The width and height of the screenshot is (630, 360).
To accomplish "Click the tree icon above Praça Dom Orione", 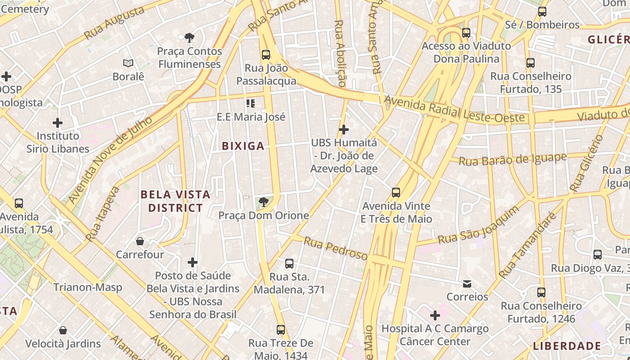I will point(264,202).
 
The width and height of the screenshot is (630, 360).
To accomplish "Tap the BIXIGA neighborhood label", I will point(243,146).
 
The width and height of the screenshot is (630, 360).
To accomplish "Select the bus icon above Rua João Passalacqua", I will point(266,55).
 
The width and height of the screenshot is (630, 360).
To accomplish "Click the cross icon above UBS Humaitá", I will point(344,130).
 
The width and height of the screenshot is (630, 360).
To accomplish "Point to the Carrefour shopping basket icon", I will point(140,242).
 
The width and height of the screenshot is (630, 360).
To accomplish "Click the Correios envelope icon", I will point(467,284).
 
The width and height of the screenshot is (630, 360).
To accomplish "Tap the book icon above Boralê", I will point(128,63).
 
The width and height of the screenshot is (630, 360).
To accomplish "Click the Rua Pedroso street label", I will point(335,248).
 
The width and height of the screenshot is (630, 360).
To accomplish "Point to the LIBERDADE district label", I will point(567,346).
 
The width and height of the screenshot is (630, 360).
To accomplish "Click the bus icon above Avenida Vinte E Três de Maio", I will point(396,193).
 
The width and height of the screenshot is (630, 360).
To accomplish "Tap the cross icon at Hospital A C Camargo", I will point(435,315).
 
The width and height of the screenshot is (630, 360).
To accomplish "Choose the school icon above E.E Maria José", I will point(251,104).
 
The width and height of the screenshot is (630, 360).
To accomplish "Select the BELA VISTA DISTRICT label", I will point(175,201).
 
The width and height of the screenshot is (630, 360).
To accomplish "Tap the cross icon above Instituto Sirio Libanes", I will point(58,122).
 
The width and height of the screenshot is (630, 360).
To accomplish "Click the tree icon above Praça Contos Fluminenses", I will point(189,38).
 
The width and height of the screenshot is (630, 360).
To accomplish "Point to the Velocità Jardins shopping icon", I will point(63,331).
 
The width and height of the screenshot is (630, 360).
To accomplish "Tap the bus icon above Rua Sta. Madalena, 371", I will point(289,264).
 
